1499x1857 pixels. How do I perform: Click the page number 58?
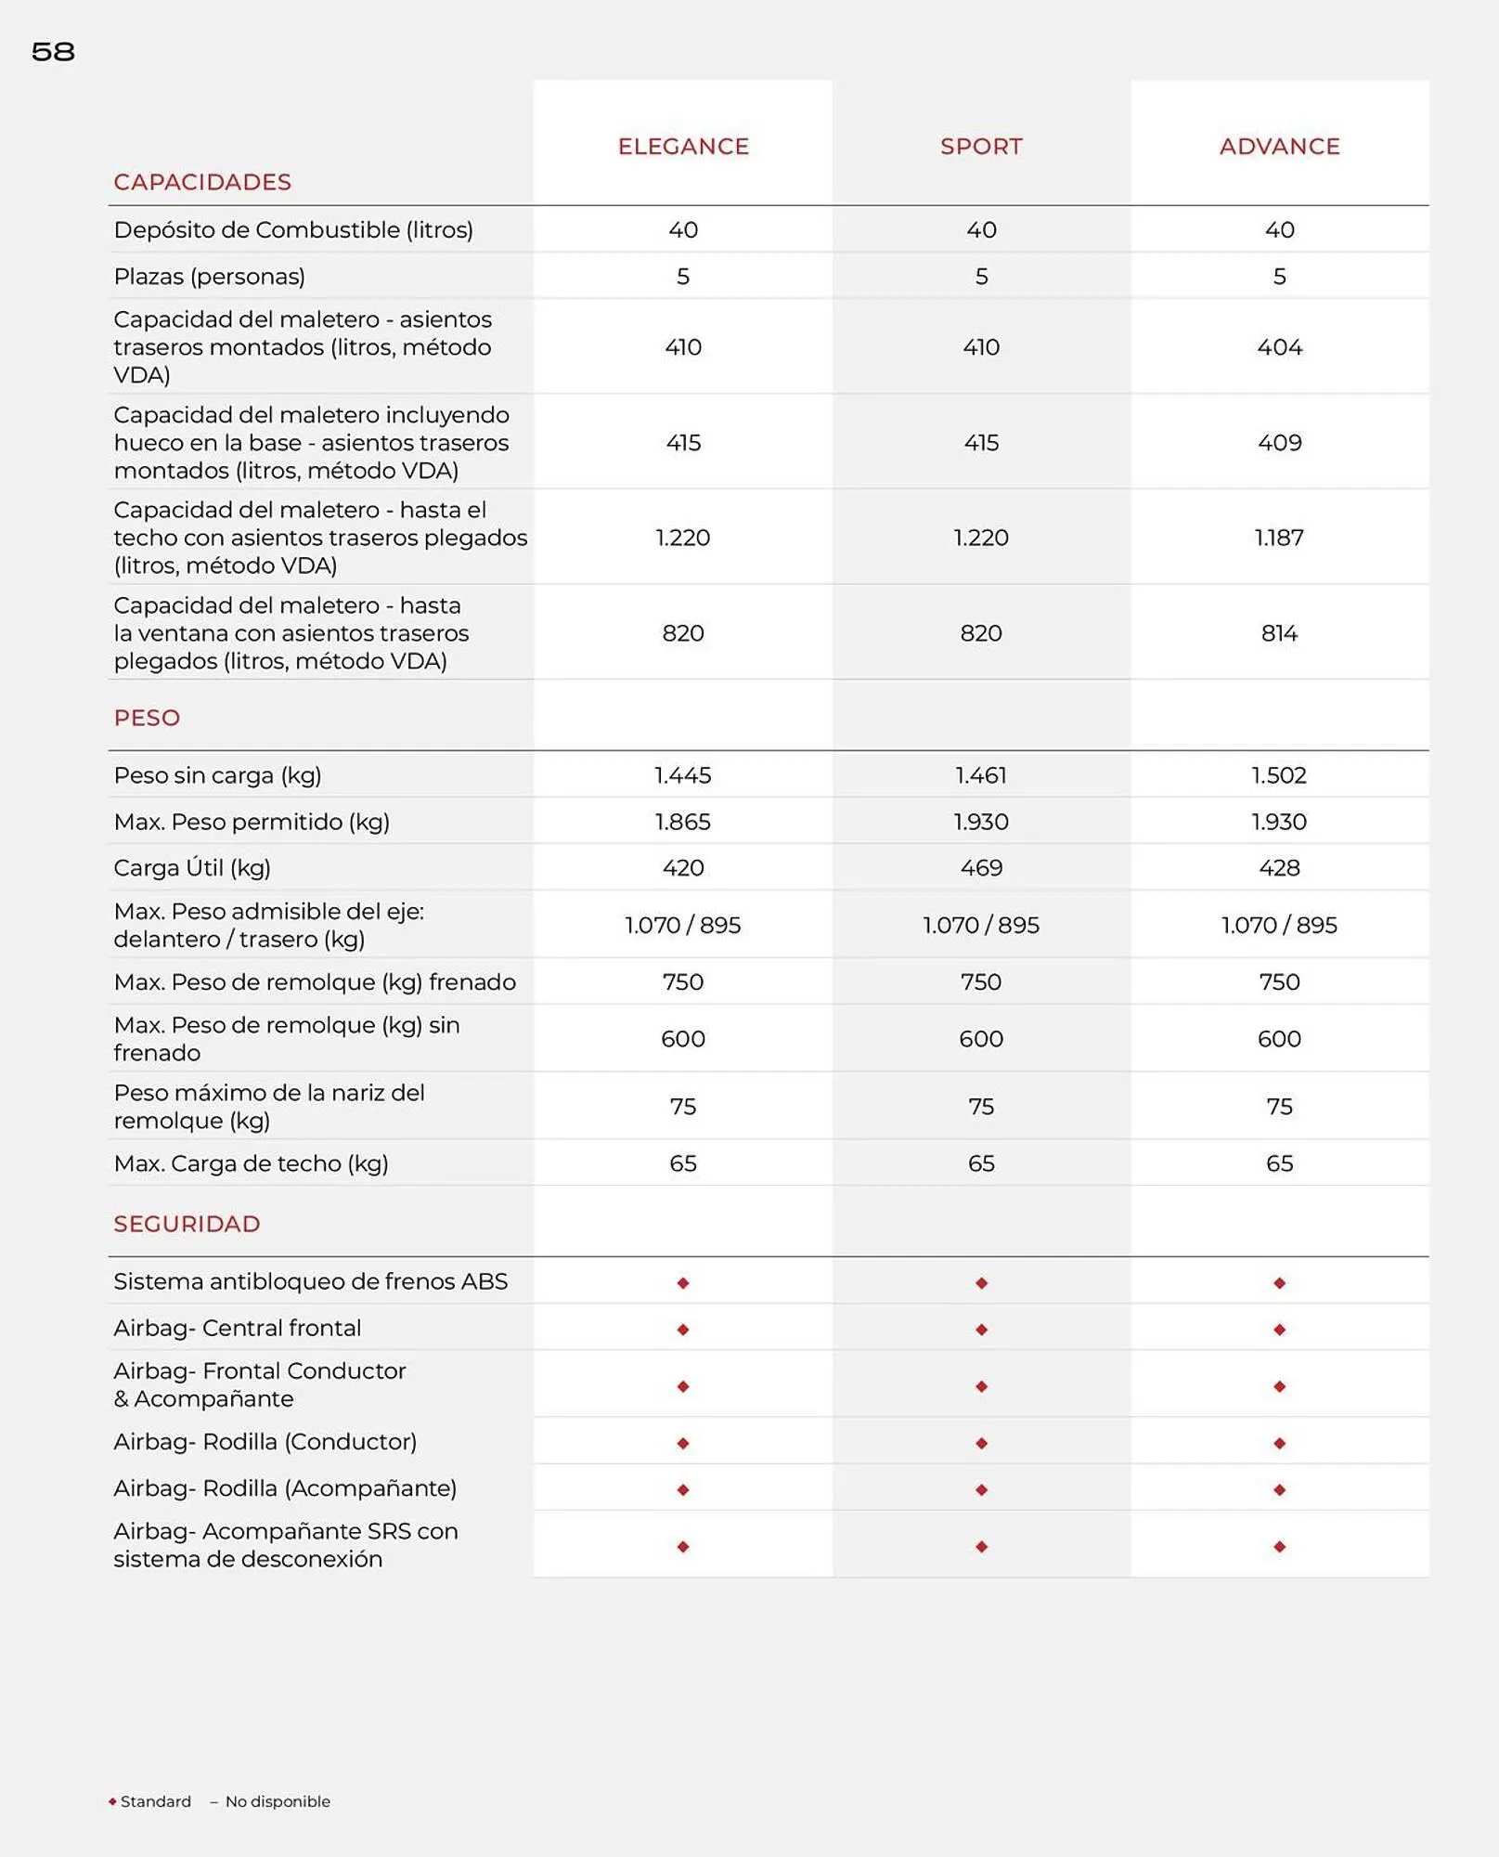(x=53, y=52)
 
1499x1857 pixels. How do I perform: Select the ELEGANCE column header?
(x=683, y=147)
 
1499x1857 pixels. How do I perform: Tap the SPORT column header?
(x=981, y=147)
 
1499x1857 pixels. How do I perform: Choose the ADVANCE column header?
(x=1279, y=147)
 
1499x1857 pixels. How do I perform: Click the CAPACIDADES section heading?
(x=202, y=182)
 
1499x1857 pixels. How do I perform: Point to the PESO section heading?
(x=147, y=718)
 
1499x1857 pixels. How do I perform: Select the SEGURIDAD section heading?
(x=187, y=1224)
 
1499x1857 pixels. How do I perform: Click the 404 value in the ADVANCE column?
(x=1279, y=347)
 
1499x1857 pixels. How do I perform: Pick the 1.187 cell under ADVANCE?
(x=1279, y=538)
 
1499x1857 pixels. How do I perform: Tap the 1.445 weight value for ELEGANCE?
(x=683, y=775)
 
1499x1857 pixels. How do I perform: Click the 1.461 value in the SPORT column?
(x=981, y=775)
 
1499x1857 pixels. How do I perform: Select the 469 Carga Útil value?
(x=981, y=868)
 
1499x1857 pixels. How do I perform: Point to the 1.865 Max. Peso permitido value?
(x=683, y=822)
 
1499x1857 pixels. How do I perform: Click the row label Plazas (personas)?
(x=209, y=277)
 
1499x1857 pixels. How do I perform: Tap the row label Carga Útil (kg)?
(x=192, y=868)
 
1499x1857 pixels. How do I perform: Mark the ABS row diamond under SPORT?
(x=981, y=1283)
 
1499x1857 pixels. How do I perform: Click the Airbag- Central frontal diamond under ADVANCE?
(x=1279, y=1330)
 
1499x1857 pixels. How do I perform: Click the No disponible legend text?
(x=277, y=1801)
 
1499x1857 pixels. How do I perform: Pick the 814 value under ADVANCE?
(x=1279, y=633)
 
